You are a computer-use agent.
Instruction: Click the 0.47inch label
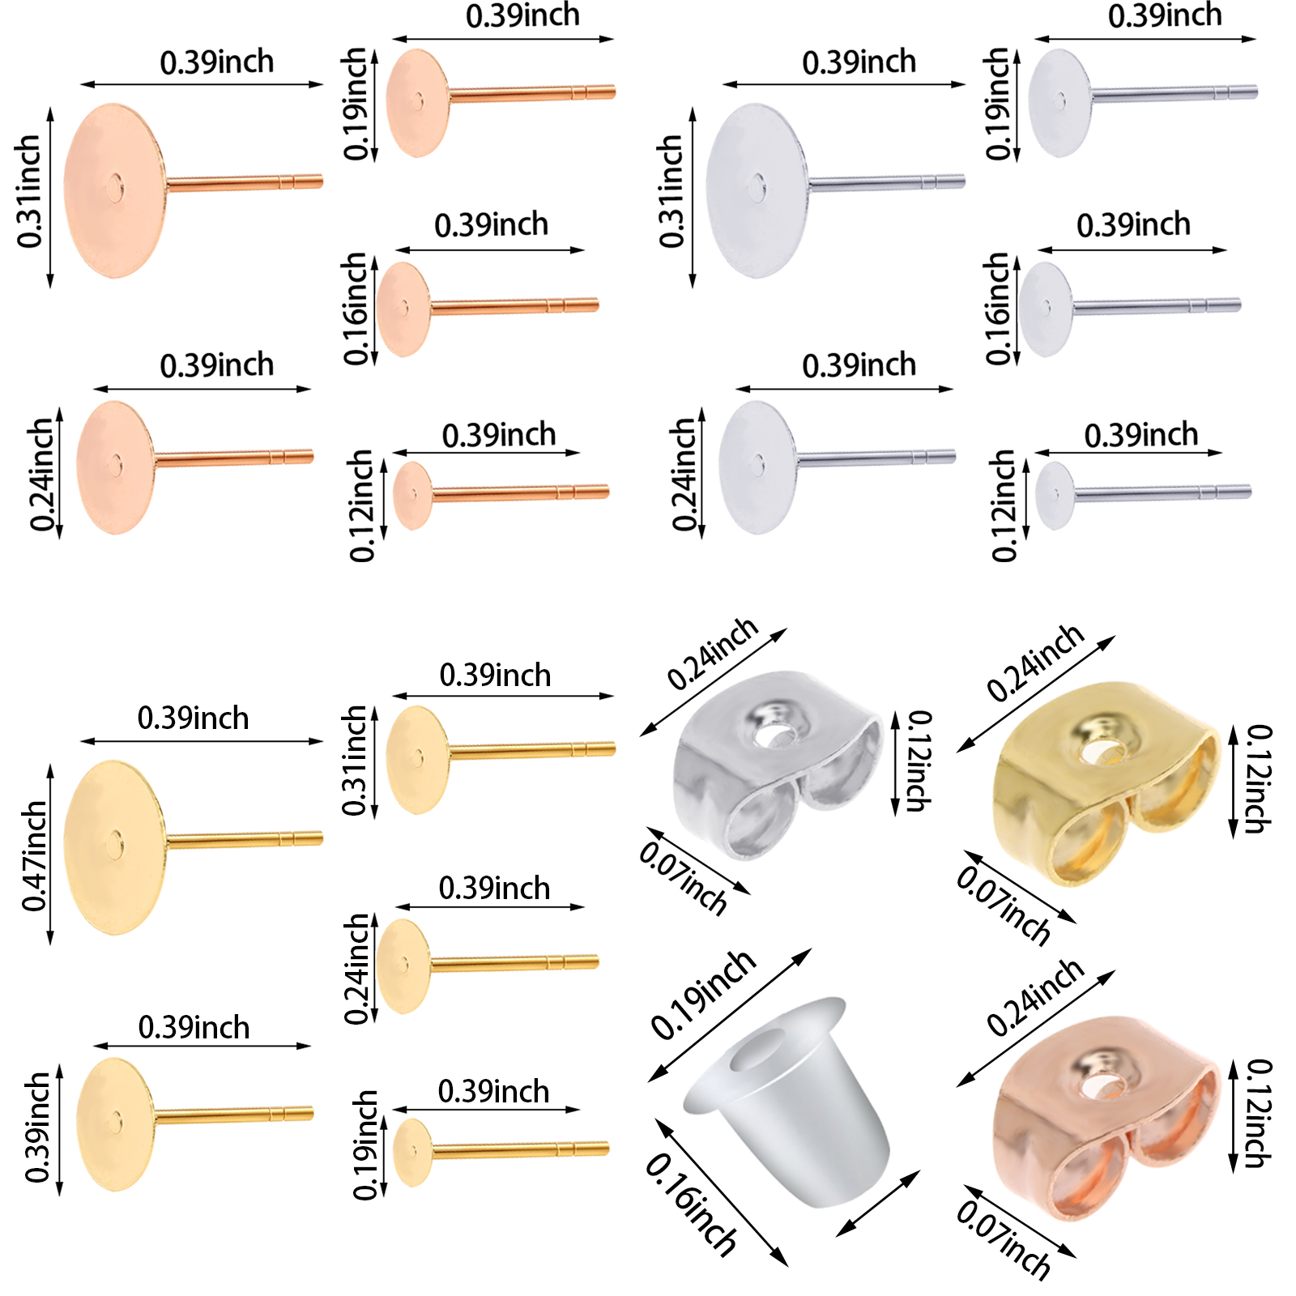(x=34, y=856)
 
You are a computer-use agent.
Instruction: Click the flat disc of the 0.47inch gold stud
(x=113, y=846)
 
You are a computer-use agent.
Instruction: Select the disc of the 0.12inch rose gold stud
(x=412, y=495)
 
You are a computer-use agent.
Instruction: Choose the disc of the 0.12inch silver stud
(x=1055, y=495)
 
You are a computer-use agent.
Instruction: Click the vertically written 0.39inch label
(x=37, y=1128)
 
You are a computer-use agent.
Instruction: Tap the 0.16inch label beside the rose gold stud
(x=356, y=309)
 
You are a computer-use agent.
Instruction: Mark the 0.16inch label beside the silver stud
(x=998, y=309)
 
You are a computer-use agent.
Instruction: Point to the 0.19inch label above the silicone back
(x=703, y=994)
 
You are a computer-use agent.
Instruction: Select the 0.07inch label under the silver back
(x=683, y=877)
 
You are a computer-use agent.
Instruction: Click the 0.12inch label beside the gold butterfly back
(x=1258, y=779)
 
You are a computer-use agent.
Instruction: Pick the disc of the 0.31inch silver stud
(x=757, y=190)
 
